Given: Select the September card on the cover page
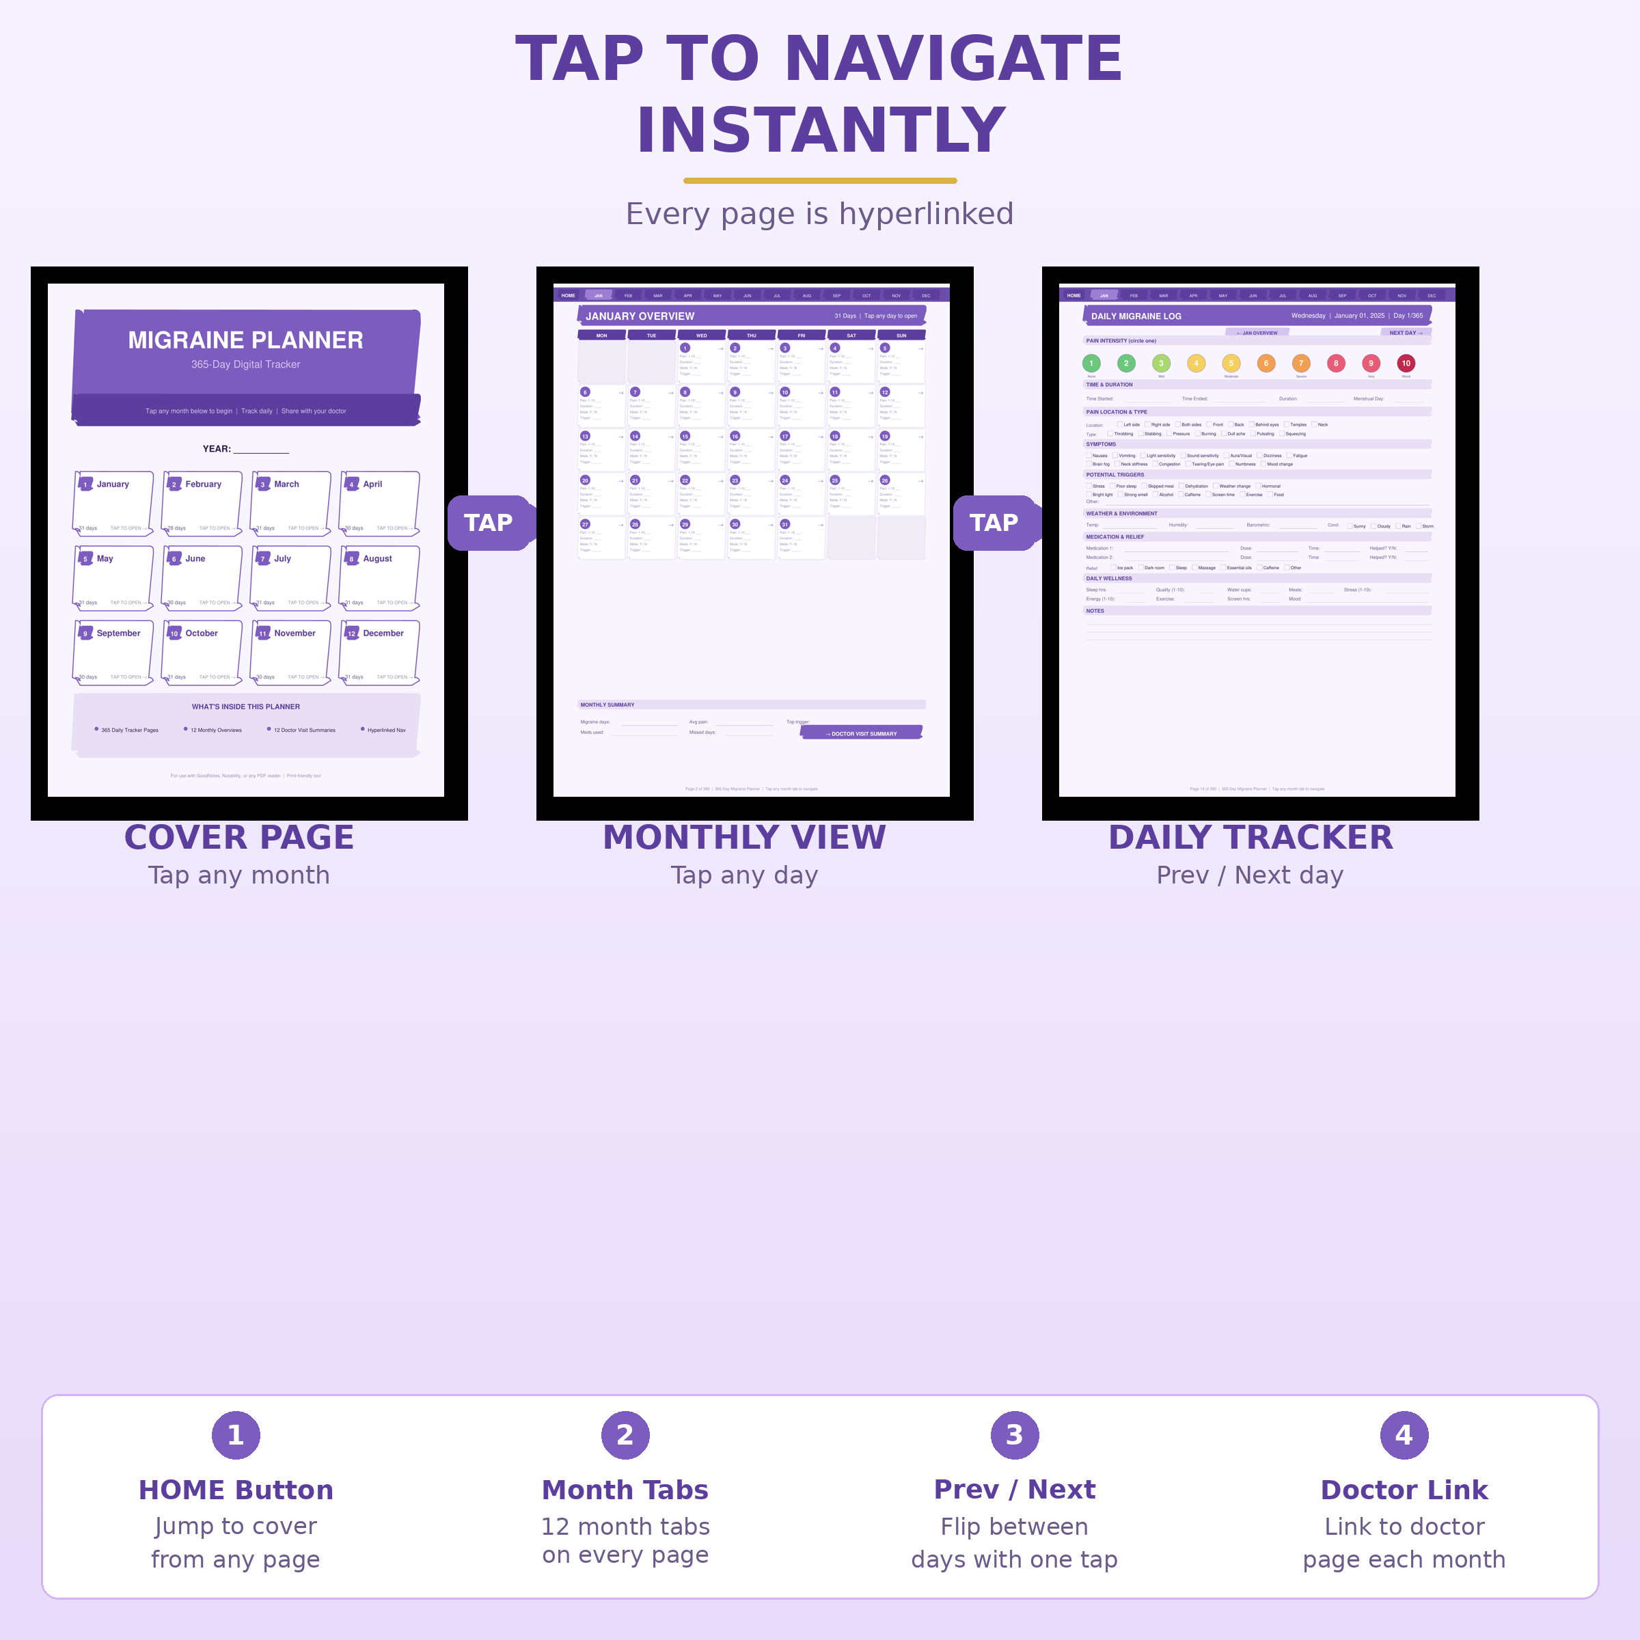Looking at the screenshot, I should click(x=113, y=652).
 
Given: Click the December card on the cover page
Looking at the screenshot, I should click(x=379, y=652).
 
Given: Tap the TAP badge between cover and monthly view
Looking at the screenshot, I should click(x=488, y=523).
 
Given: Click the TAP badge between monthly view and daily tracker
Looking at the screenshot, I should click(x=994, y=523).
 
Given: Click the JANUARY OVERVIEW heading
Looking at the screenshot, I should click(x=640, y=316).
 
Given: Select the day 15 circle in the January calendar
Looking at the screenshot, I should click(x=685, y=437).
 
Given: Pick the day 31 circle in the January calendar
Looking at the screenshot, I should click(x=785, y=525).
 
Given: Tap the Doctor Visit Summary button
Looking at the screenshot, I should click(x=862, y=733).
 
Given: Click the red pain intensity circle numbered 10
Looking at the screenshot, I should click(x=1406, y=364).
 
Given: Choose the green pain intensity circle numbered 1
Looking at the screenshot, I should click(x=1092, y=364).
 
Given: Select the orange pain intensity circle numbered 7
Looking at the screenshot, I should click(x=1301, y=364).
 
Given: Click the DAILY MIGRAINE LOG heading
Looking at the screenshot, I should click(x=1136, y=316).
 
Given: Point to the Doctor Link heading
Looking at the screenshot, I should click(x=1404, y=1490).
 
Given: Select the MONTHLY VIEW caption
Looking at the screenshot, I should click(x=744, y=838).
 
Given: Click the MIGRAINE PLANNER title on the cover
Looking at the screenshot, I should click(x=245, y=340).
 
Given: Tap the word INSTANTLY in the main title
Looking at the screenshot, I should click(x=820, y=131).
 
